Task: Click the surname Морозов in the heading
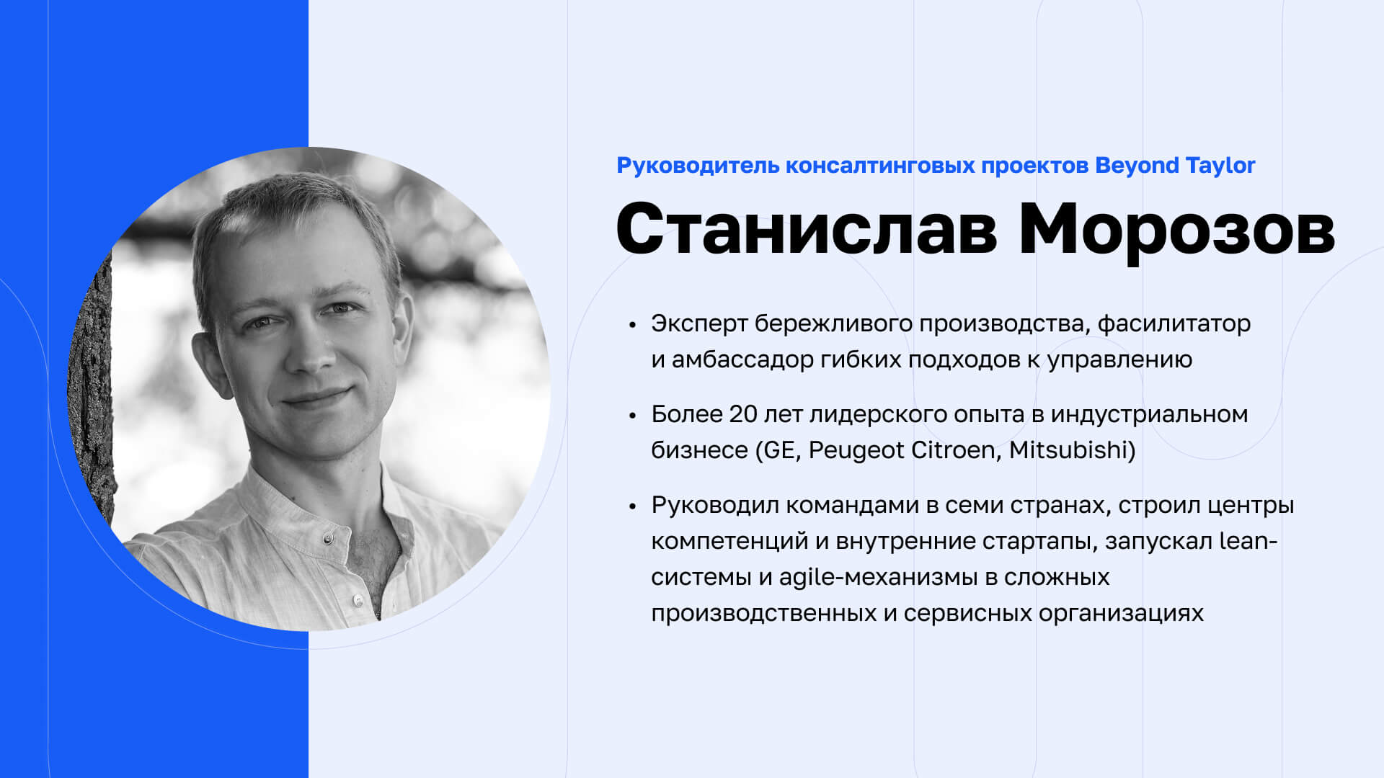(x=1177, y=228)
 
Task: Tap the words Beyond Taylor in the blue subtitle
(x=1175, y=166)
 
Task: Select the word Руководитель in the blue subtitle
(x=698, y=166)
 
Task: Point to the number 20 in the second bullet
(x=742, y=414)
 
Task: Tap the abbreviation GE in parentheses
(x=778, y=451)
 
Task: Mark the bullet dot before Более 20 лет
(x=633, y=416)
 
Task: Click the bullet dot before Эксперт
(x=633, y=325)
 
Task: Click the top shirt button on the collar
(x=328, y=537)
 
